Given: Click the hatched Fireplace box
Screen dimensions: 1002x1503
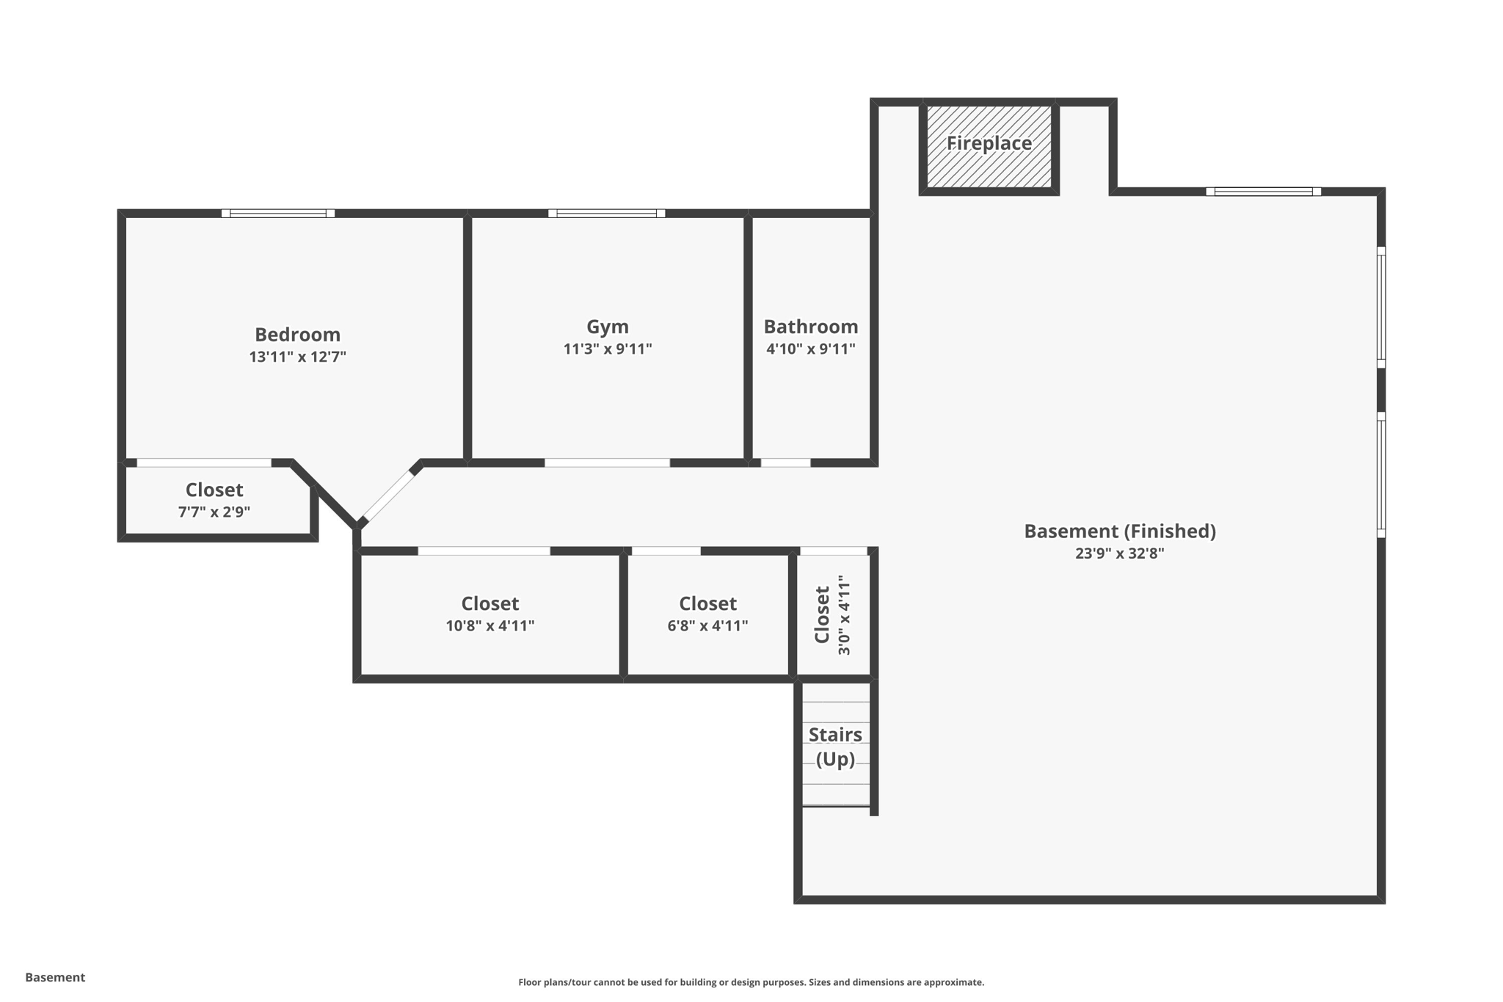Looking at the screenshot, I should [x=989, y=147].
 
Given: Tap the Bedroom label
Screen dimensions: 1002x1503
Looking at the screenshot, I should [x=297, y=335].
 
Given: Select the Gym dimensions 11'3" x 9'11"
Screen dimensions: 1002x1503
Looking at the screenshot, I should [x=607, y=349].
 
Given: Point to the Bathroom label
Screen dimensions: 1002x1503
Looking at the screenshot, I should [x=810, y=327].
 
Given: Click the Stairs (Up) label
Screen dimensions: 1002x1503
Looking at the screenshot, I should [x=835, y=746].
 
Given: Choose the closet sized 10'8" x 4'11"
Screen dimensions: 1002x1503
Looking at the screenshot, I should [x=490, y=614].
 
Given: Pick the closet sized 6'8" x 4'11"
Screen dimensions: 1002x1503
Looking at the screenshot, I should [x=707, y=614].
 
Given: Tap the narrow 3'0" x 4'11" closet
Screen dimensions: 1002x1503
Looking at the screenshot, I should [x=833, y=614].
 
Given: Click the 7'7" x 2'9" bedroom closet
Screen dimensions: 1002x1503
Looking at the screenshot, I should [x=214, y=500].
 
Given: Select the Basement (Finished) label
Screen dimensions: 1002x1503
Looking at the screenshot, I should [x=1119, y=531].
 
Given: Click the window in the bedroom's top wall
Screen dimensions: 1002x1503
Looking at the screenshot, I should [x=278, y=214].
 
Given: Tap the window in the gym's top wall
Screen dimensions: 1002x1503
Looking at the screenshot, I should [x=606, y=214].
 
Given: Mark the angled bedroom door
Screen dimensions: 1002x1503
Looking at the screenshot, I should [x=389, y=497].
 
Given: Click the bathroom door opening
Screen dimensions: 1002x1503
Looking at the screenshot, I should [x=785, y=463].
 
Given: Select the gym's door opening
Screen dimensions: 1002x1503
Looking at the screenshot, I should [x=607, y=463].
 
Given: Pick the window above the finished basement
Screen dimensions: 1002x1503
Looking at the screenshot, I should [x=1263, y=192].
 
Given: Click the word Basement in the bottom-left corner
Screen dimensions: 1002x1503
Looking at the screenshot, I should [x=55, y=977].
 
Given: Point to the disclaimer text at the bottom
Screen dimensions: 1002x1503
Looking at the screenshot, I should [x=751, y=982].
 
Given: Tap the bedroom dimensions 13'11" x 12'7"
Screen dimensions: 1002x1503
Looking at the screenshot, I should [x=297, y=357].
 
